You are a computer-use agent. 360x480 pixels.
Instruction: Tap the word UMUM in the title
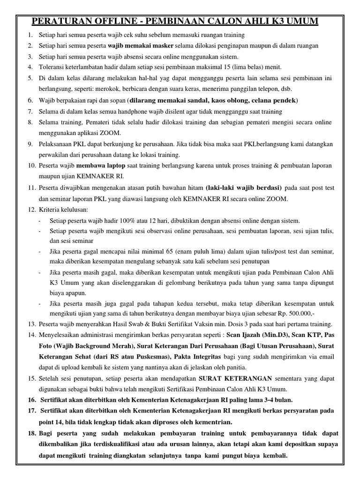coord(301,22)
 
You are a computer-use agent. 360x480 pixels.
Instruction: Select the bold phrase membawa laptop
coord(99,167)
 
